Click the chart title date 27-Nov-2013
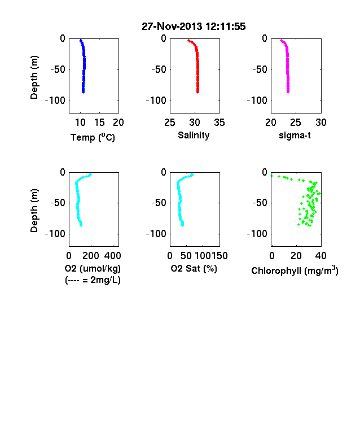coord(172,27)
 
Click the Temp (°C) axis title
coord(93,137)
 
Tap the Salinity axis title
coord(194,135)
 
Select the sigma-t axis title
coord(295,136)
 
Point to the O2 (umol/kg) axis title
coord(93,268)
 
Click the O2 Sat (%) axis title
coord(194,268)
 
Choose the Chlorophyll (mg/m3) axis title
coord(295,271)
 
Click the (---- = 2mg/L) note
coord(93,280)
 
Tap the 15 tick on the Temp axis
coord(99,123)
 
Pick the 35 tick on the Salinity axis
coord(219,123)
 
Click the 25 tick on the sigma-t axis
coord(296,123)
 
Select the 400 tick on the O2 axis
coord(112,256)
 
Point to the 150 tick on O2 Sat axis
coord(219,256)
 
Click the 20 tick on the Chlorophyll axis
coord(296,256)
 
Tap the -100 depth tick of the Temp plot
coord(55,101)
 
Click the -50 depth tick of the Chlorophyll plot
coord(260,203)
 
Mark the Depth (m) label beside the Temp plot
coord(34,77)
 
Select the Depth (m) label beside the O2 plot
coord(34,211)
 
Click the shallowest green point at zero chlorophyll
coord(272,176)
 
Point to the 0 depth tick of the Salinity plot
coord(164,38)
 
